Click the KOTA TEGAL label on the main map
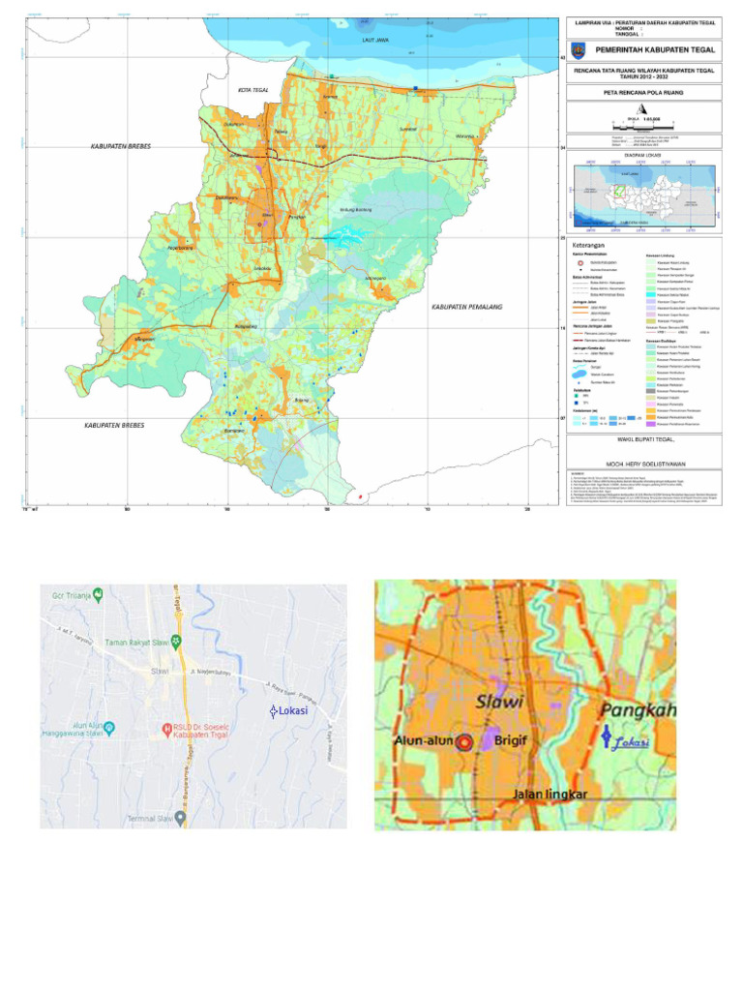point(253,90)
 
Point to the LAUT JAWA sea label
point(374,40)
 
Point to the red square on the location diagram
point(616,191)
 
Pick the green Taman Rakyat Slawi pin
point(175,640)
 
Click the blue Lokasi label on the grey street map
point(289,711)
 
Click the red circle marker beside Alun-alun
point(464,742)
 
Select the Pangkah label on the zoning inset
point(639,711)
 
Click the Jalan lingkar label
point(550,796)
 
